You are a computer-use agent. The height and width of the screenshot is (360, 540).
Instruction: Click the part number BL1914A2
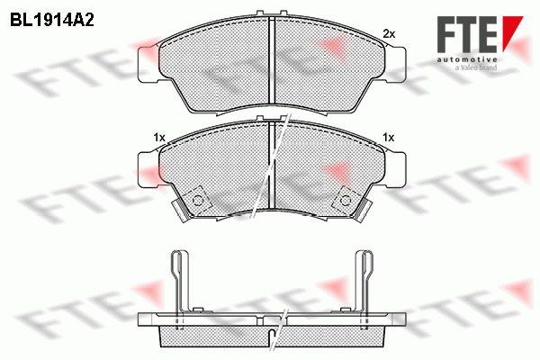(x=52, y=20)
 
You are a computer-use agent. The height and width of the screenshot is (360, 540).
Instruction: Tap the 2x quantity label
(x=389, y=34)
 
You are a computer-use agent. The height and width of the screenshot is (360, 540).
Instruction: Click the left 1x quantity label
(x=159, y=138)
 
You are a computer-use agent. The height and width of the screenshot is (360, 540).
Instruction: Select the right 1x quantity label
(x=389, y=138)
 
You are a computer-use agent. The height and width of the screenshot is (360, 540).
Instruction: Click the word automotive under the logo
(x=467, y=59)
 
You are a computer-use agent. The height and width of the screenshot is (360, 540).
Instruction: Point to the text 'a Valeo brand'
(x=475, y=67)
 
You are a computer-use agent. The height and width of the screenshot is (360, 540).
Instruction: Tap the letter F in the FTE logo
(x=446, y=34)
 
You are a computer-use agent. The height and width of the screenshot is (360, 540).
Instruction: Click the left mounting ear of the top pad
(x=148, y=65)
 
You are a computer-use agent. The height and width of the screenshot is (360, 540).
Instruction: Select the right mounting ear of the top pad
(x=395, y=65)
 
